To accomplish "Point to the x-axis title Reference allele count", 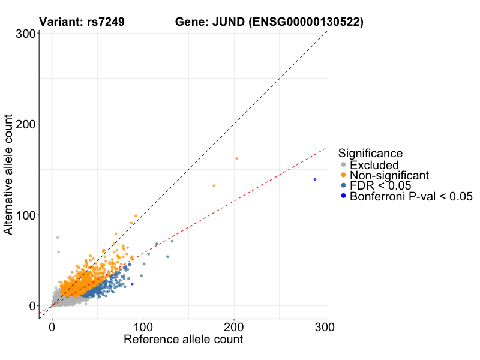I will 183,340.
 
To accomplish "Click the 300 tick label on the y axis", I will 24,34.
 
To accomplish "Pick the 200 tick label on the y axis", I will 24,124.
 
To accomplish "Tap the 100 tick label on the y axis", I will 24,215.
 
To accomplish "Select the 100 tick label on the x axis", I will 143,327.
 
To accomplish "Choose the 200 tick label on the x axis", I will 234,327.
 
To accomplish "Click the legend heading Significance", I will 370,153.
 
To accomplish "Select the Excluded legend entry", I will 374,165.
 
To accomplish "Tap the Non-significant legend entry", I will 389,175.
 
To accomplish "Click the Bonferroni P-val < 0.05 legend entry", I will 412,196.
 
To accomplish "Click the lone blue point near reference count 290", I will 314,179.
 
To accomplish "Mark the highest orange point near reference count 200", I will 236,158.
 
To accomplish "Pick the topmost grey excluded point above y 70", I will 58,238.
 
